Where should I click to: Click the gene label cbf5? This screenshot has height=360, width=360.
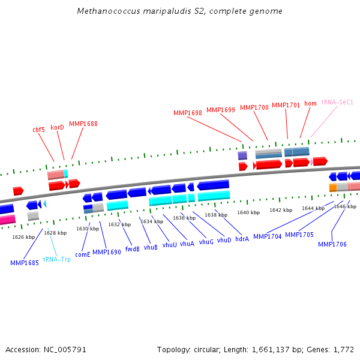tap(38, 130)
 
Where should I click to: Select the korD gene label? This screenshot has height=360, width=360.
tap(57, 127)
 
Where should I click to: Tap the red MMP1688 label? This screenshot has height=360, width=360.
tap(83, 124)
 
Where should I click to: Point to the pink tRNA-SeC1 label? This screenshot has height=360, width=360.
tap(337, 102)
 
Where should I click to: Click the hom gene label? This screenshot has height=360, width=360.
tap(310, 103)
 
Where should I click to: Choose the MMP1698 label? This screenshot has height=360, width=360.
tap(188, 113)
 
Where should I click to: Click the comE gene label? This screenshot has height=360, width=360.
tap(83, 254)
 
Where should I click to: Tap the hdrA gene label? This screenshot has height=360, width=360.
tap(242, 239)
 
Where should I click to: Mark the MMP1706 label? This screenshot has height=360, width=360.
tap(332, 244)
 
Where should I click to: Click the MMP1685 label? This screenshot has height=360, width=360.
tap(25, 263)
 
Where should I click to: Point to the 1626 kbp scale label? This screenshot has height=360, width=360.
tap(23, 237)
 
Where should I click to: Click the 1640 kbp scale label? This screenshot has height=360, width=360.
tap(248, 212)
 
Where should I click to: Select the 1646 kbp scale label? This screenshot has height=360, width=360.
tap(344, 206)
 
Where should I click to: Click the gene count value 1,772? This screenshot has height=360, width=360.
tap(343, 349)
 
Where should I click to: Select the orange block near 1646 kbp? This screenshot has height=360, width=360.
tap(333, 188)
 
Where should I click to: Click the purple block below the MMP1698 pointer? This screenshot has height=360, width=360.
tap(242, 155)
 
